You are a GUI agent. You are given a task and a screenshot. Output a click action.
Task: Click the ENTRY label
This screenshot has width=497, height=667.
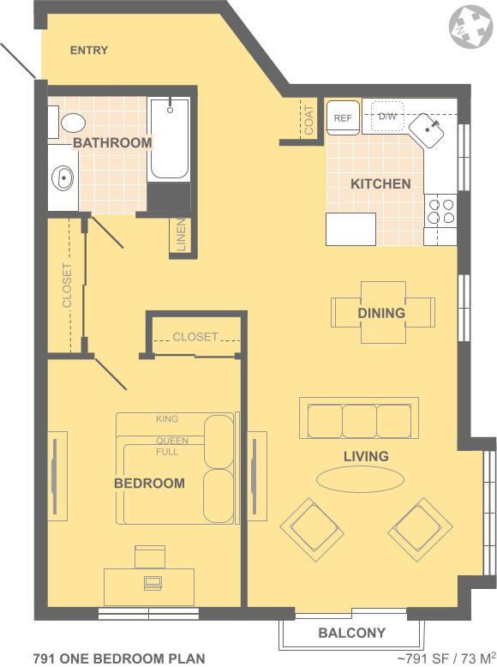coord(89,51)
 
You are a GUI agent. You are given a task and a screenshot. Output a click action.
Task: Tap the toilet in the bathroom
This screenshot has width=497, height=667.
coord(73,123)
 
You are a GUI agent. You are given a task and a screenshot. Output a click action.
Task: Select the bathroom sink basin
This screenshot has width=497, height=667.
coord(62,177)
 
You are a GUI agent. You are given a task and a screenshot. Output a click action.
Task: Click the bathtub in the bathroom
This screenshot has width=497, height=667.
coord(169,139)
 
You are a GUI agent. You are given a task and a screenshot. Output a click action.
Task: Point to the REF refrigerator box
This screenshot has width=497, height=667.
coord(343,117)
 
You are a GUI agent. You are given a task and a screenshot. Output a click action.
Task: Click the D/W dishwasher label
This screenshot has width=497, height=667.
coord(386,116)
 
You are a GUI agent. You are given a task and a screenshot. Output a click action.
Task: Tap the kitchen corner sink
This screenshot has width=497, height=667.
coord(427,130)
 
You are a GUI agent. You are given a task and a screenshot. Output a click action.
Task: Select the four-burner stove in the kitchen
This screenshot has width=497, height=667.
coord(440,211)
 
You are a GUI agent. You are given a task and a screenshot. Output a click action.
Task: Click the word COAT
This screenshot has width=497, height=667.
coord(309,120)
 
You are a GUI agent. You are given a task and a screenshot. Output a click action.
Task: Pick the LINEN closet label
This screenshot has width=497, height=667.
coord(181,235)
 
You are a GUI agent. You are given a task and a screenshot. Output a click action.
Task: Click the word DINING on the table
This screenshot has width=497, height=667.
coord(381,313)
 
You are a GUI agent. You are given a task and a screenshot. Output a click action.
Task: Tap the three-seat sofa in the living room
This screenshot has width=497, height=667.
coord(359,418)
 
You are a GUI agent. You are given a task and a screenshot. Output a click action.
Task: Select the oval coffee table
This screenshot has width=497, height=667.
coord(360,479)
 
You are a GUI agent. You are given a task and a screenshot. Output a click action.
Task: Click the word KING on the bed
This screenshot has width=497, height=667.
coord(166,419)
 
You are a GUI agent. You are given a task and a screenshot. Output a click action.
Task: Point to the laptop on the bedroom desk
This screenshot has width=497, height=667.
coord(153,582)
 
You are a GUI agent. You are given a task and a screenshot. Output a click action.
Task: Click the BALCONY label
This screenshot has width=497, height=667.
coord(351,633)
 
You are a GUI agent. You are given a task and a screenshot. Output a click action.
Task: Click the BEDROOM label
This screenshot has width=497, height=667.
coord(149,484)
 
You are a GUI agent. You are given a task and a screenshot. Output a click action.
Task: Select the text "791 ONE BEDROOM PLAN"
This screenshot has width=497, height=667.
coord(119,658)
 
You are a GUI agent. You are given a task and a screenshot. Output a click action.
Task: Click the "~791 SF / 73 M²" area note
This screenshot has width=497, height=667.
coord(446,658)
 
